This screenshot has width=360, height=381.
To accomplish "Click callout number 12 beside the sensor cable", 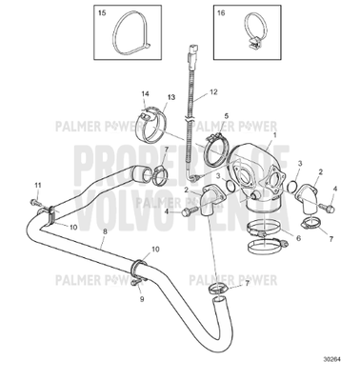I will (x=214, y=91).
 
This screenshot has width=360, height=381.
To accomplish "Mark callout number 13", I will (x=172, y=97).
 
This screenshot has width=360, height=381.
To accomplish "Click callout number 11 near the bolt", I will (x=38, y=183).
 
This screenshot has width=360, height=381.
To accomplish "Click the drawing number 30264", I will (x=331, y=359).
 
